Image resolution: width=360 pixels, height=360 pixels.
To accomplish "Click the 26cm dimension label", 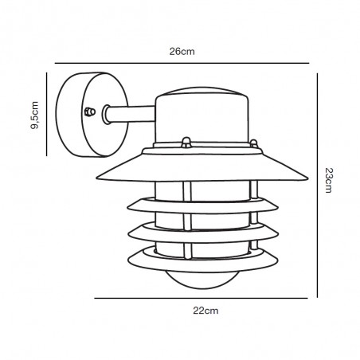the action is coord(182,52).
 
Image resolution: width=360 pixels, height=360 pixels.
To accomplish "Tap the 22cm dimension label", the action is coord(205,311).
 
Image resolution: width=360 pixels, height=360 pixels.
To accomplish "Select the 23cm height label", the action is coord(329,180).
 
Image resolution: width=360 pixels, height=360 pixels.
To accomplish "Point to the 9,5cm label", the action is coord(34,115).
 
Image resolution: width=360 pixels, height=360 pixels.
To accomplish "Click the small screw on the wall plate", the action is coord(89,112).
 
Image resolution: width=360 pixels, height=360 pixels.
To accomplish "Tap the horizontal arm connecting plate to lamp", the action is coord(130,114).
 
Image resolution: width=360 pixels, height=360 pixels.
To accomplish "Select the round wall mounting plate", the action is coord(92,115).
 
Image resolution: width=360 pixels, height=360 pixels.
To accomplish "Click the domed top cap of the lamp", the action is coord(202,92).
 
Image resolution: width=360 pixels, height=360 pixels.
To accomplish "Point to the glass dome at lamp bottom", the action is coord(202,280).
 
